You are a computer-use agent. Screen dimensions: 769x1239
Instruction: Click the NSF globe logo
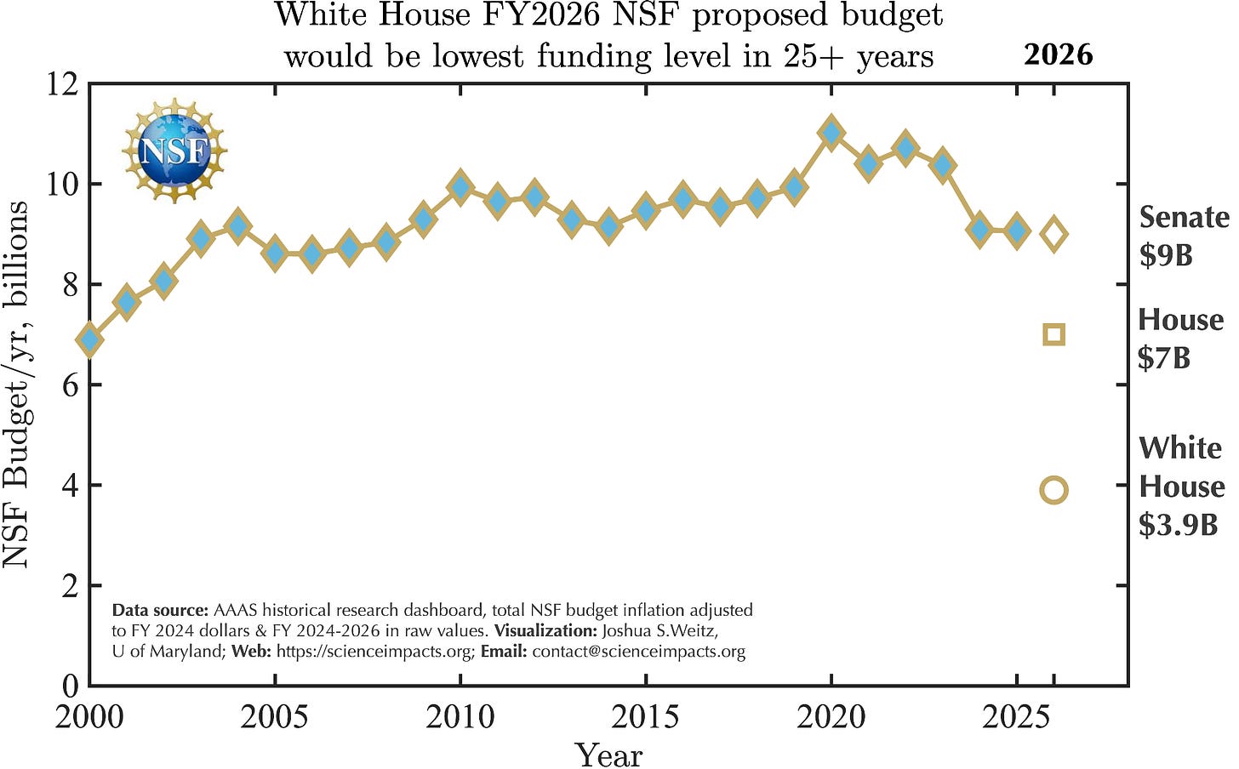[x=174, y=151]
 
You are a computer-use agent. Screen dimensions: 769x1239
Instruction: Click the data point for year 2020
[x=831, y=134]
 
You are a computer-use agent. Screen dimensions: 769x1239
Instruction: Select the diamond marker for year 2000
[x=90, y=340]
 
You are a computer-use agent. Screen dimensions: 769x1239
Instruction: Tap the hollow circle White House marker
[x=1053, y=490]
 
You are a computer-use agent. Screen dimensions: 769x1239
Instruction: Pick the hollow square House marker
[x=1053, y=334]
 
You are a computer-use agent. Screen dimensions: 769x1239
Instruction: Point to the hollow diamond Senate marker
[x=1053, y=233]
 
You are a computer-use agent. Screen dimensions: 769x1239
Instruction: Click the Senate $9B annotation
[x=1183, y=236]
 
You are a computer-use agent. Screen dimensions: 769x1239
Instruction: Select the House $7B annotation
[x=1179, y=338]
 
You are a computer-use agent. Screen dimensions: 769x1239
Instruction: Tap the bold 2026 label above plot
[x=1058, y=54]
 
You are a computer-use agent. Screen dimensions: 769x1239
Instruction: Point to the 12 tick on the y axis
[x=64, y=84]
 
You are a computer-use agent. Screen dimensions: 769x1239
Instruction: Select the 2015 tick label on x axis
[x=645, y=717]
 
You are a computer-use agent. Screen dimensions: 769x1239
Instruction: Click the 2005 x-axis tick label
[x=274, y=717]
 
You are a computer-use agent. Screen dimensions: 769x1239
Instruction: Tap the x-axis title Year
[x=608, y=754]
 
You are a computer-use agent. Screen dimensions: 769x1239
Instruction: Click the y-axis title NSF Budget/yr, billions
[x=17, y=384]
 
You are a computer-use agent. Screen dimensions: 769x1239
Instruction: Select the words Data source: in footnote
[x=160, y=610]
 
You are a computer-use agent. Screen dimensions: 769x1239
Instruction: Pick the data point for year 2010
[x=460, y=187]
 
